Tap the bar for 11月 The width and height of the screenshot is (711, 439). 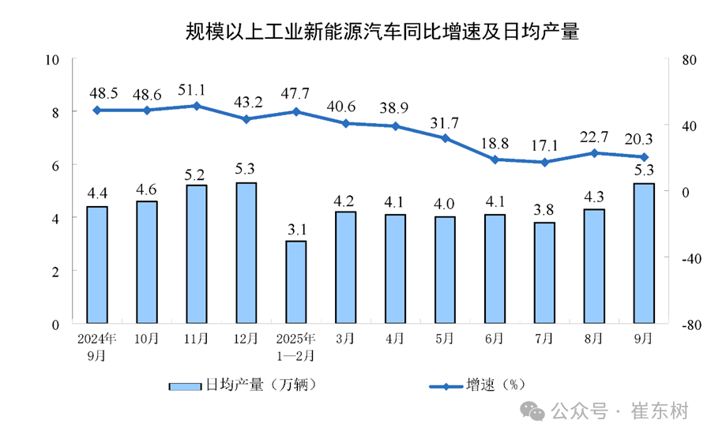coord(196,253)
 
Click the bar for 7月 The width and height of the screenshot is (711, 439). coord(544,272)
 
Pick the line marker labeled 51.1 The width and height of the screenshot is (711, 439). coord(196,106)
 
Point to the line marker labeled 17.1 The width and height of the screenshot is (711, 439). coord(544,163)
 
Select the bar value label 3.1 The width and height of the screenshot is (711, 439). coord(295,229)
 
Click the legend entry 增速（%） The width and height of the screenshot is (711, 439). coord(477,385)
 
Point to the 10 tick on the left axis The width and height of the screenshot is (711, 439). coord(53,60)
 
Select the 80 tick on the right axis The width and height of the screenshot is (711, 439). coord(680,60)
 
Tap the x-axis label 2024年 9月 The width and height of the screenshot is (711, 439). coord(96,345)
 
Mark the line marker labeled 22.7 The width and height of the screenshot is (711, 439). coord(594,153)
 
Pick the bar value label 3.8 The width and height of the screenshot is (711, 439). coord(544,211)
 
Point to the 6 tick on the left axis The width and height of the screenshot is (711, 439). coord(55,165)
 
